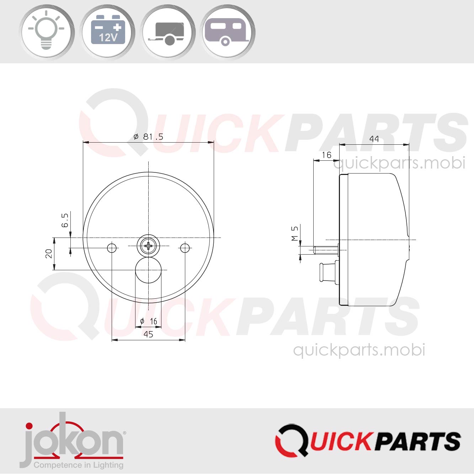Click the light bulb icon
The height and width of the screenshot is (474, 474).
[47, 32]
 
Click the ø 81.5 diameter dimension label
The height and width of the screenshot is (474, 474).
[148, 137]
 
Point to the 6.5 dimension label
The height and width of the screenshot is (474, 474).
[65, 220]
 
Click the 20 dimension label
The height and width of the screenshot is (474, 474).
[49, 254]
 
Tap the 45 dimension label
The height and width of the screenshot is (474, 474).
[148, 334]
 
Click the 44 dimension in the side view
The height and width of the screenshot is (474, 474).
[374, 139]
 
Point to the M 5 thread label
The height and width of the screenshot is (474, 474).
[295, 234]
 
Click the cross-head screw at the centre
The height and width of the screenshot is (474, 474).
[149, 245]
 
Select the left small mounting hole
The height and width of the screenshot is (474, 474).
[112, 248]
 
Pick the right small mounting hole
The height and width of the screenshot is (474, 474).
[185, 248]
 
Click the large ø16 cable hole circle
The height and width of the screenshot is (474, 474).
[148, 270]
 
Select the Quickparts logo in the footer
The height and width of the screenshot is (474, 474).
[368, 441]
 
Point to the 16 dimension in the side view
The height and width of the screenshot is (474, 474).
[326, 155]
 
